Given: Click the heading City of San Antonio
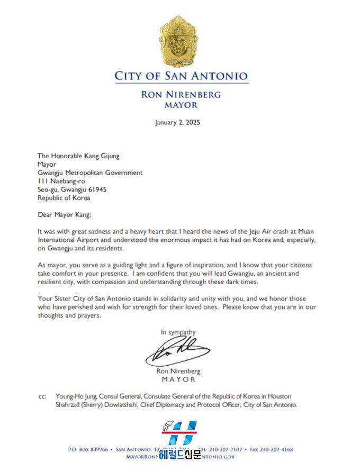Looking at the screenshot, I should coord(181,76).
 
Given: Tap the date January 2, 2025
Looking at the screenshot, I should coord(177,122).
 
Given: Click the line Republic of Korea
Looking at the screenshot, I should coord(64,198).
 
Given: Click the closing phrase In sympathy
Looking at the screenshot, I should coord(178,332).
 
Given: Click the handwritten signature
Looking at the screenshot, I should coord(177,351).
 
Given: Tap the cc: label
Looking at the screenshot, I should coord(42,396).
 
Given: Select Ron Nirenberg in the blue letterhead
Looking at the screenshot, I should coord(181,95).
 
